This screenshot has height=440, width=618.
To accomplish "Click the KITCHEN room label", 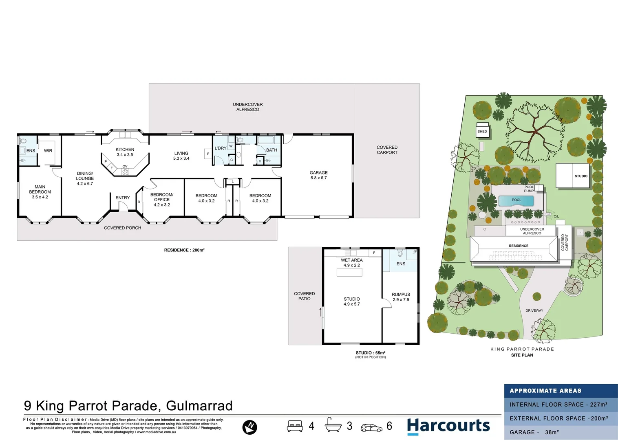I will coord(125,150).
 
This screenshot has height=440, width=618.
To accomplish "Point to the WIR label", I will coord(48,151).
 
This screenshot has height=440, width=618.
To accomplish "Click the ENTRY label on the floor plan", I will coord(122,198).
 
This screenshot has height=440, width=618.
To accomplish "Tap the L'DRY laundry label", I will coord(221,148).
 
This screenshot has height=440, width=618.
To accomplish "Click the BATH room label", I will coord(271,150).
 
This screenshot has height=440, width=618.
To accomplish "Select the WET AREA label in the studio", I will coord(351,260).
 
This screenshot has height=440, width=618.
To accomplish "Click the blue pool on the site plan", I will coord(516,200).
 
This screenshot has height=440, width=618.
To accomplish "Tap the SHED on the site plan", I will coord(482,131).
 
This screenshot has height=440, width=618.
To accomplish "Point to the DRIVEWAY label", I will coord(534,310).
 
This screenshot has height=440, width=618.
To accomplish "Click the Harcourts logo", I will coord(448,426).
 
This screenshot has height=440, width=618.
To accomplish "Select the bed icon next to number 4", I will coord(295,426).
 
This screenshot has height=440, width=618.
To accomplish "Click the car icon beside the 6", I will coord(371,427).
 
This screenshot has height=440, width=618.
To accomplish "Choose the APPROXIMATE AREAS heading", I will coord(545,391).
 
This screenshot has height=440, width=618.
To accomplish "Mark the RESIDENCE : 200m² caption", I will coord(184,250).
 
